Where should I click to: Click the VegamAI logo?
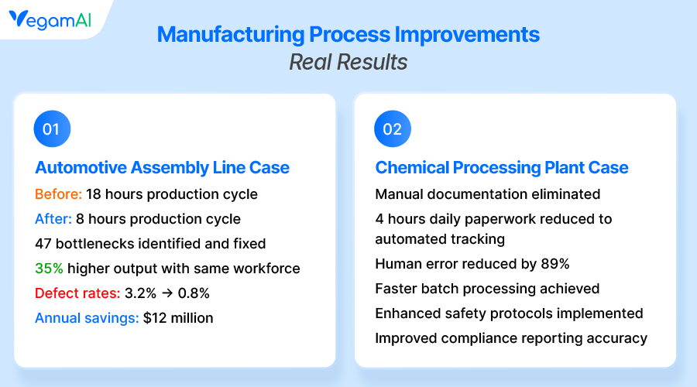tap(50, 20)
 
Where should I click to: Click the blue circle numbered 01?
tap(52, 128)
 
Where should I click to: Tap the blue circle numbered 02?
tap(393, 128)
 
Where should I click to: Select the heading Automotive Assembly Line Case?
tap(163, 167)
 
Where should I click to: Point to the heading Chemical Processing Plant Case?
tap(502, 167)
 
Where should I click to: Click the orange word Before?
tap(59, 194)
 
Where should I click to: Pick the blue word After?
tap(53, 219)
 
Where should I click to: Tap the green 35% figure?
tap(50, 269)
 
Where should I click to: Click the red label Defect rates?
tap(77, 293)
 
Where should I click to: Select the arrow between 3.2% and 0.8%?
tap(167, 293)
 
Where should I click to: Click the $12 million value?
tap(178, 318)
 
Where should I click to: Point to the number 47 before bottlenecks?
tap(43, 244)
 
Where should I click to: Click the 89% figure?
tap(555, 264)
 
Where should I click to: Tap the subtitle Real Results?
tap(348, 62)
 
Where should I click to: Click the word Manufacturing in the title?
tap(231, 34)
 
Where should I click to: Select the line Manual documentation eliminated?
tap(488, 194)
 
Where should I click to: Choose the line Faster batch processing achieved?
tap(487, 289)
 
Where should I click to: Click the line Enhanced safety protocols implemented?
tap(509, 313)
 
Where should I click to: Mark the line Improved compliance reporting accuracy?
tap(511, 338)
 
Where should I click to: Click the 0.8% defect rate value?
tap(194, 293)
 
